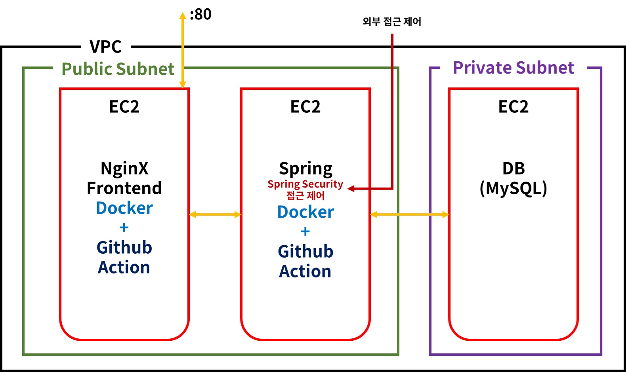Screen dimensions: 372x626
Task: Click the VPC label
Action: pos(105,47)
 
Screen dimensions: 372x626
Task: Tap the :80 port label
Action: pos(200,15)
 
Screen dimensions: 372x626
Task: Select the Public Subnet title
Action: pos(118,69)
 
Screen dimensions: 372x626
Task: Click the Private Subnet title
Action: pos(513,68)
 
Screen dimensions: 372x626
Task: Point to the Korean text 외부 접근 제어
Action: pos(392,21)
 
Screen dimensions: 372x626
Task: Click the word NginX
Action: pos(124,168)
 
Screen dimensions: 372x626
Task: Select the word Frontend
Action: pos(124,188)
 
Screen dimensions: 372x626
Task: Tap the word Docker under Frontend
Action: pos(124,208)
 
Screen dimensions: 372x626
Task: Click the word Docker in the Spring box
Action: pos(305,212)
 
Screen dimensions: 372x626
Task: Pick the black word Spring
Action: pos(305,169)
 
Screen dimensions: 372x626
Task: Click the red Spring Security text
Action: pos(305,184)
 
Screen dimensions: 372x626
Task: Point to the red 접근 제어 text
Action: pos(305,195)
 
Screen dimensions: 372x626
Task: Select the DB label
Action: pos(513,169)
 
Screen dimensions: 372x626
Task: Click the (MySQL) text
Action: pos(513,188)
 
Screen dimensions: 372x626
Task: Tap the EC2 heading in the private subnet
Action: pos(513,107)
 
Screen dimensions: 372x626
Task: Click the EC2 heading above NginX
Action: pos(124,107)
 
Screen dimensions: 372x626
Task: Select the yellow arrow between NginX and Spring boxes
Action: pos(215,214)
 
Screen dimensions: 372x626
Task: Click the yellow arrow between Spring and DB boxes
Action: pos(409,214)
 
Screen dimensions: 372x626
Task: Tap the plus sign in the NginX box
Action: pos(124,228)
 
